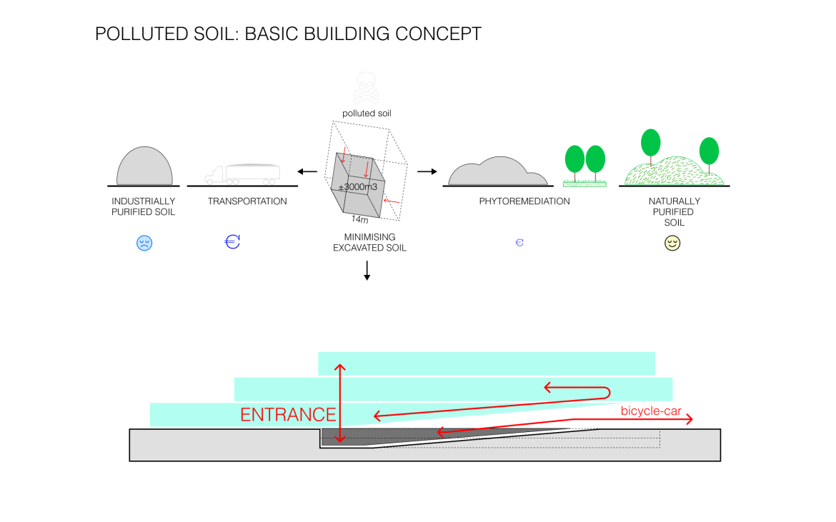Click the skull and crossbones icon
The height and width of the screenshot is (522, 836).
tap(367, 88)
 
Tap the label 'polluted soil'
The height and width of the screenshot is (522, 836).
tap(367, 114)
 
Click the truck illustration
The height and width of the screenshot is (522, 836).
tap(242, 174)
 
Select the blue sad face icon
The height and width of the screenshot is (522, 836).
tap(144, 243)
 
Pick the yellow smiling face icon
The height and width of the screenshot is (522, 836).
tap(672, 243)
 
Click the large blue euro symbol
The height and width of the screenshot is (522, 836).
tap(232, 241)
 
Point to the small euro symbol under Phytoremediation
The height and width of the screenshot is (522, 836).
tap(519, 243)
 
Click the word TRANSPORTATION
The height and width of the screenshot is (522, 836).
tap(247, 201)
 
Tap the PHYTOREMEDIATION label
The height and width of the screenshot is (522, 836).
tap(524, 201)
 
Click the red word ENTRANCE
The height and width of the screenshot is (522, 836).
tap(288, 415)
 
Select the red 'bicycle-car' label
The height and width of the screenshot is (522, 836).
tap(650, 411)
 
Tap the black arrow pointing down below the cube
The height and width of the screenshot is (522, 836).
tap(367, 270)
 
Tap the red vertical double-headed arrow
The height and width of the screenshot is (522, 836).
tap(340, 403)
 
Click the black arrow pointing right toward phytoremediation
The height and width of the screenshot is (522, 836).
tap(427, 171)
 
